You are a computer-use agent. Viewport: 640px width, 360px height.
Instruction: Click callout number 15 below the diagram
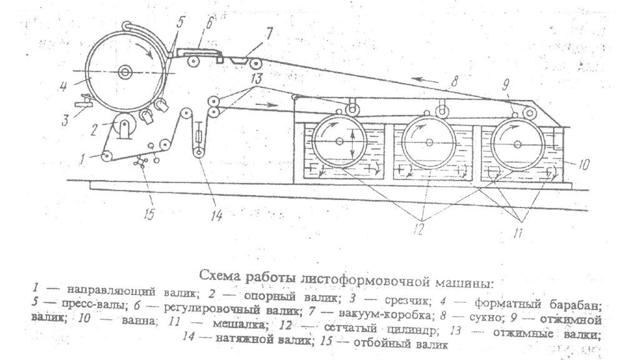(x=149, y=214)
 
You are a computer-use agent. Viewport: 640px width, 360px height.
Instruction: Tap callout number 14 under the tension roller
(x=216, y=215)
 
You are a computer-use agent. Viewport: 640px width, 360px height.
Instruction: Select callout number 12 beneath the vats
(x=418, y=229)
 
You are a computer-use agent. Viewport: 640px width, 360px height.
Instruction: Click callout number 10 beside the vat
(x=584, y=165)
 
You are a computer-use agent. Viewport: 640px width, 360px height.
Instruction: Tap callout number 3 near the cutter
(x=65, y=120)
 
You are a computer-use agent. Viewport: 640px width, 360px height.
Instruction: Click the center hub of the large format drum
(x=124, y=72)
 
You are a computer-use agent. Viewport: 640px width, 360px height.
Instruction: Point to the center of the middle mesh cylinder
(x=429, y=142)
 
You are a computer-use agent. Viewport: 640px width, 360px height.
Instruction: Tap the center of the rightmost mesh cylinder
(x=518, y=144)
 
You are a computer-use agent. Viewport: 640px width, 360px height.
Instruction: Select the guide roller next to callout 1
(x=107, y=156)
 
